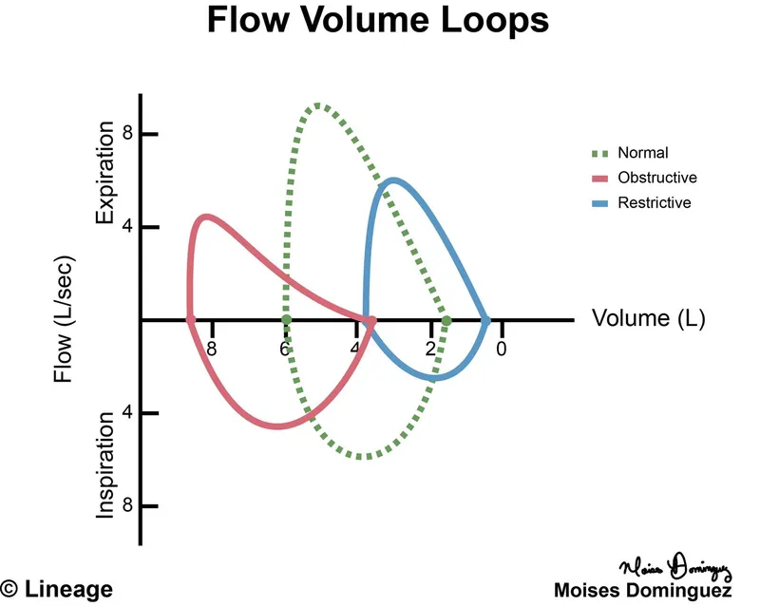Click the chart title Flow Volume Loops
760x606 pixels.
(378, 20)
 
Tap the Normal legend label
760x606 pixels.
(643, 152)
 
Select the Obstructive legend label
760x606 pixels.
(657, 178)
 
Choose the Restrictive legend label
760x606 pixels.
(655, 203)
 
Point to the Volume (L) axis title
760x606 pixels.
(649, 318)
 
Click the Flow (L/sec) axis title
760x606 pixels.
(64, 319)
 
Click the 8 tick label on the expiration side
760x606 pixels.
(126, 135)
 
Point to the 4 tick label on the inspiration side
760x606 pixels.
(126, 413)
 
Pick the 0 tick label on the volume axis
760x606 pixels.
(502, 349)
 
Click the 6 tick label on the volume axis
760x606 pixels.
(283, 349)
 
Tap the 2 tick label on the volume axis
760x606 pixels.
(428, 349)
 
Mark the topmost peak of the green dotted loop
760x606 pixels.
(318, 105)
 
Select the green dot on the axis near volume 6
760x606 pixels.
(286, 320)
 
